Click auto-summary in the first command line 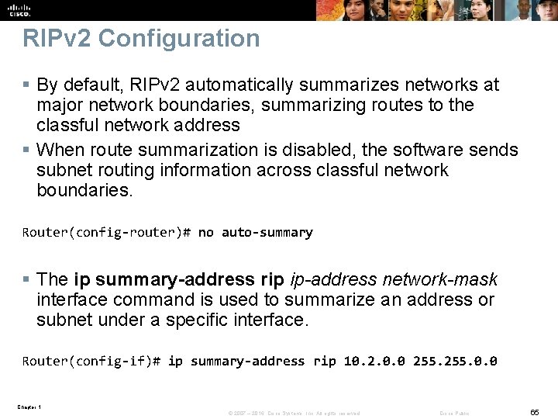point(267,232)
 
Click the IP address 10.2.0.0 point(374,361)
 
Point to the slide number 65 point(534,413)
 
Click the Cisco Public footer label point(455,414)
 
